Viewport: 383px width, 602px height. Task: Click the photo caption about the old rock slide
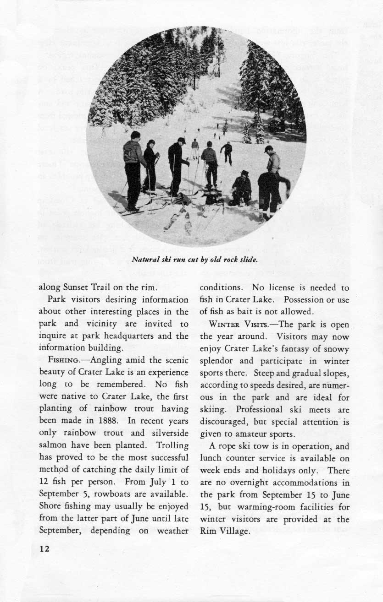[x=195, y=260]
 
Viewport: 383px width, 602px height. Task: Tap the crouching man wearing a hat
[x=241, y=188]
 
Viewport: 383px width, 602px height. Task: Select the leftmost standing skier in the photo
[x=133, y=169]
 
